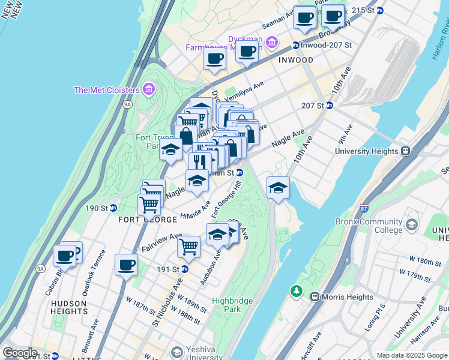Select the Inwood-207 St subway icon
296,46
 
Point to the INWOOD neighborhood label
295,60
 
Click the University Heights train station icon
406,151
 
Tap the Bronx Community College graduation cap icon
412,225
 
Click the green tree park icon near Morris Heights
296,292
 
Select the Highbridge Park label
226,304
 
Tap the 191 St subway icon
185,269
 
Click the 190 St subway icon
113,208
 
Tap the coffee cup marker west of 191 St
126,265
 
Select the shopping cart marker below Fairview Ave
188,246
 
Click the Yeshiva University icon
177,352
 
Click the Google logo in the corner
20,353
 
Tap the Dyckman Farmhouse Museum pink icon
271,42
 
